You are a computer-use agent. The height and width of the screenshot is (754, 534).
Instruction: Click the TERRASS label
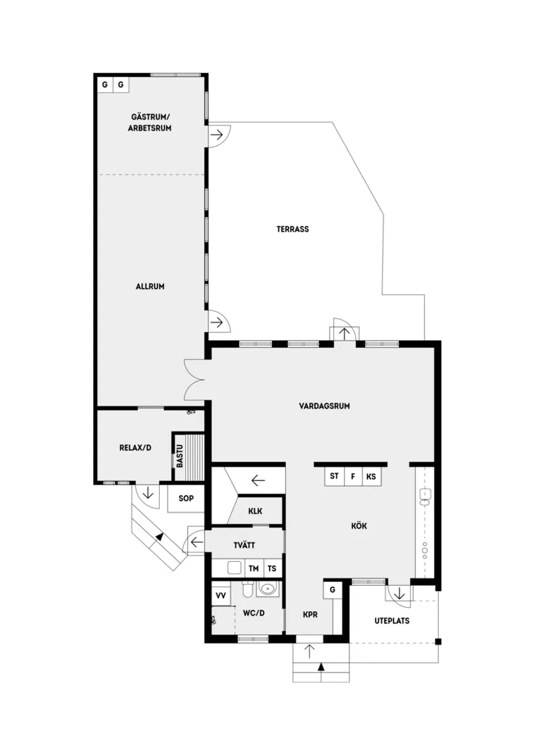[293, 229]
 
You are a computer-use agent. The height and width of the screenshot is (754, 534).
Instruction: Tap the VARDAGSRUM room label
[324, 407]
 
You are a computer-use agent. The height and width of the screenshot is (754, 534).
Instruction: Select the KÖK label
[359, 526]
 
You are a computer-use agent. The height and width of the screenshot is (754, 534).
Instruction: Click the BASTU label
[179, 456]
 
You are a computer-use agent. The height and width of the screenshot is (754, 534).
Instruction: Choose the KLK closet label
[255, 511]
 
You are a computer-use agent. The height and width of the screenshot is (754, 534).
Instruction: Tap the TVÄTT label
[245, 546]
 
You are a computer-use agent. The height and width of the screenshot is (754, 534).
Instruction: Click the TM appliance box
[254, 569]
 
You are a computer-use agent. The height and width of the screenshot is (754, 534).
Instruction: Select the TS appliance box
[273, 569]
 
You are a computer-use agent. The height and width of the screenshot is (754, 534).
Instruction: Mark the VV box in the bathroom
[221, 595]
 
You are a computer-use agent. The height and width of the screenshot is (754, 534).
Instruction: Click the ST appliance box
[335, 477]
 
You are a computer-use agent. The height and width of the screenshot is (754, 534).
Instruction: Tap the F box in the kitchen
[353, 477]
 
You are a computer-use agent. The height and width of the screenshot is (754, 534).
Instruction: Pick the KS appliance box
[371, 477]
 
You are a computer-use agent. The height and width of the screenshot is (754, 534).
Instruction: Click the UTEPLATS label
[392, 621]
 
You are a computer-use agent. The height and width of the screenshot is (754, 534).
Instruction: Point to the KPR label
[310, 615]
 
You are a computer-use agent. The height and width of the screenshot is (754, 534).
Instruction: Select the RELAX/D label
[135, 447]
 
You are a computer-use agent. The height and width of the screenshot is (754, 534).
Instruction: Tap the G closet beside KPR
[332, 590]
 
